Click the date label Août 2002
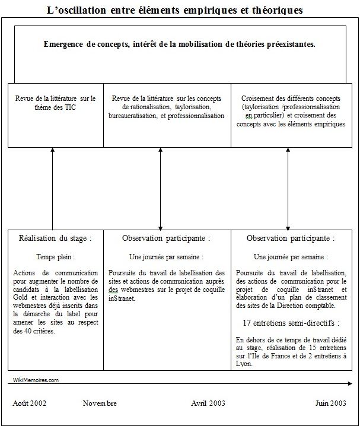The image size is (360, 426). [30, 403]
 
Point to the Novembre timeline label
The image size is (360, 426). [100, 403]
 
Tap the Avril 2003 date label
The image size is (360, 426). [208, 403]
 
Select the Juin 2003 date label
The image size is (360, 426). [330, 403]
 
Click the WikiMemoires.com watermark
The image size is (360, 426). [36, 380]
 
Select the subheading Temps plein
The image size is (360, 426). [55, 257]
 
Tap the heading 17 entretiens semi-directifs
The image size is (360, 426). [291, 323]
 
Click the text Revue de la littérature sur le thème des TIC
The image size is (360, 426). [55, 103]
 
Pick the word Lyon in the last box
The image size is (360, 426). [243, 364]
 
